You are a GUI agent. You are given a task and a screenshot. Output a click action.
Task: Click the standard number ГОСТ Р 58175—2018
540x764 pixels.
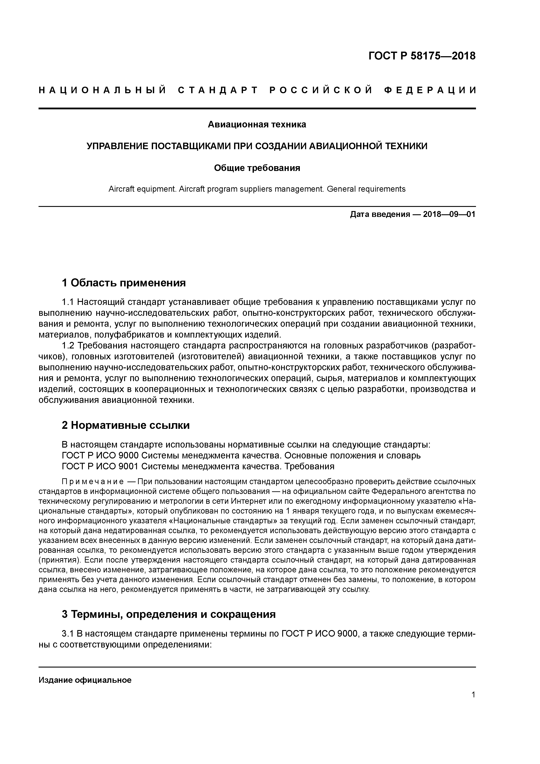click(422, 56)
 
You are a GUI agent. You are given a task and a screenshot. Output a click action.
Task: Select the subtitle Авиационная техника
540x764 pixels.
click(257, 124)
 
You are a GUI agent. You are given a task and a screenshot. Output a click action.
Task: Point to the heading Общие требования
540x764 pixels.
click(257, 168)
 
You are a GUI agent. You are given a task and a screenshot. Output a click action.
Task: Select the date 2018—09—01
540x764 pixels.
click(449, 214)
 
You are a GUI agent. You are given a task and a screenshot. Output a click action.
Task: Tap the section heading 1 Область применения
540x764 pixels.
click(123, 283)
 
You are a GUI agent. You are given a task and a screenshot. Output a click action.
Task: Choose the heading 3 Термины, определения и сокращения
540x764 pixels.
click(169, 614)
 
